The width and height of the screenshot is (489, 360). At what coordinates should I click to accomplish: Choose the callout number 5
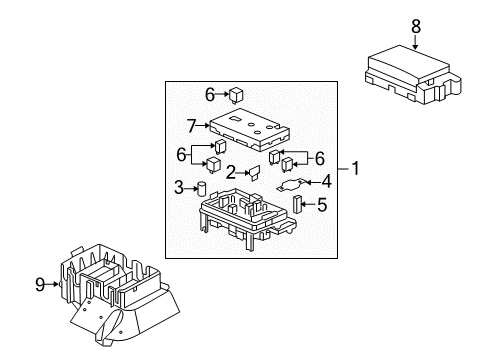click(323, 207)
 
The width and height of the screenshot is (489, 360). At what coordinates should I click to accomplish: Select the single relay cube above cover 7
click(235, 95)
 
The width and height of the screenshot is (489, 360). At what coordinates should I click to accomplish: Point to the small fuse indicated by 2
click(255, 173)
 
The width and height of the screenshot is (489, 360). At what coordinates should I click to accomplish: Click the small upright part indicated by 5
click(298, 207)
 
